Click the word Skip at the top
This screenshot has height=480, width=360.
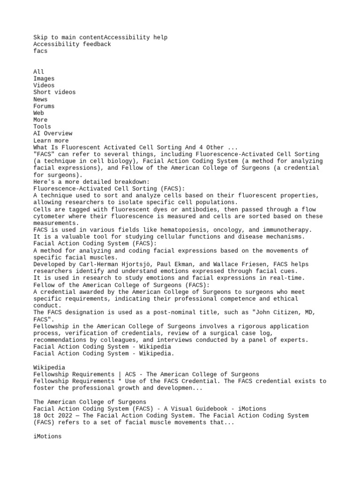click(x=40, y=37)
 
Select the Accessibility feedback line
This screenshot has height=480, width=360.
click(x=72, y=45)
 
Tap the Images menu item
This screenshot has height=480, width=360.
click(x=44, y=79)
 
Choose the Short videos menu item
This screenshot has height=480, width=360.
click(x=54, y=92)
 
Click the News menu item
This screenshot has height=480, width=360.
click(x=40, y=99)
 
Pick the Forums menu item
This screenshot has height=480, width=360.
click(x=44, y=106)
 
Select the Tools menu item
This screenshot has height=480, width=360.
click(x=42, y=127)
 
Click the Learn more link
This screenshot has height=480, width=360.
click(x=51, y=141)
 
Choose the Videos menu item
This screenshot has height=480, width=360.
click(x=44, y=85)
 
